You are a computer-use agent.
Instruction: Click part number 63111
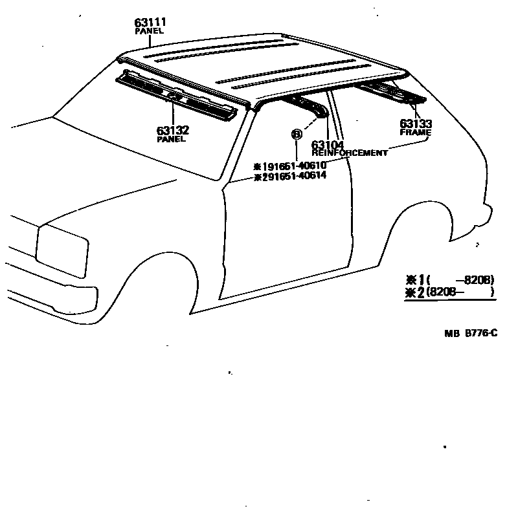(150, 23)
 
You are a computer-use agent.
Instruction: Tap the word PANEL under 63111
(150, 31)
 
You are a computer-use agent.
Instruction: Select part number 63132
(172, 130)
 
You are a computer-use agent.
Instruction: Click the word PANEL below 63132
(172, 138)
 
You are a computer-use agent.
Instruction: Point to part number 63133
(416, 124)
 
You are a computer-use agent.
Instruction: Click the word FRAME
(416, 132)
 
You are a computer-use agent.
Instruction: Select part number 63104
(328, 145)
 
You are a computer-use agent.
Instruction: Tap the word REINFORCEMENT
(350, 153)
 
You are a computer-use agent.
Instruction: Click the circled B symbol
(297, 135)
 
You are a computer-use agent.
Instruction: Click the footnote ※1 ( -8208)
(449, 279)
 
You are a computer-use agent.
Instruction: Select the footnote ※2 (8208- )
(449, 292)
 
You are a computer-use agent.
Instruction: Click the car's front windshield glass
(149, 133)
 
